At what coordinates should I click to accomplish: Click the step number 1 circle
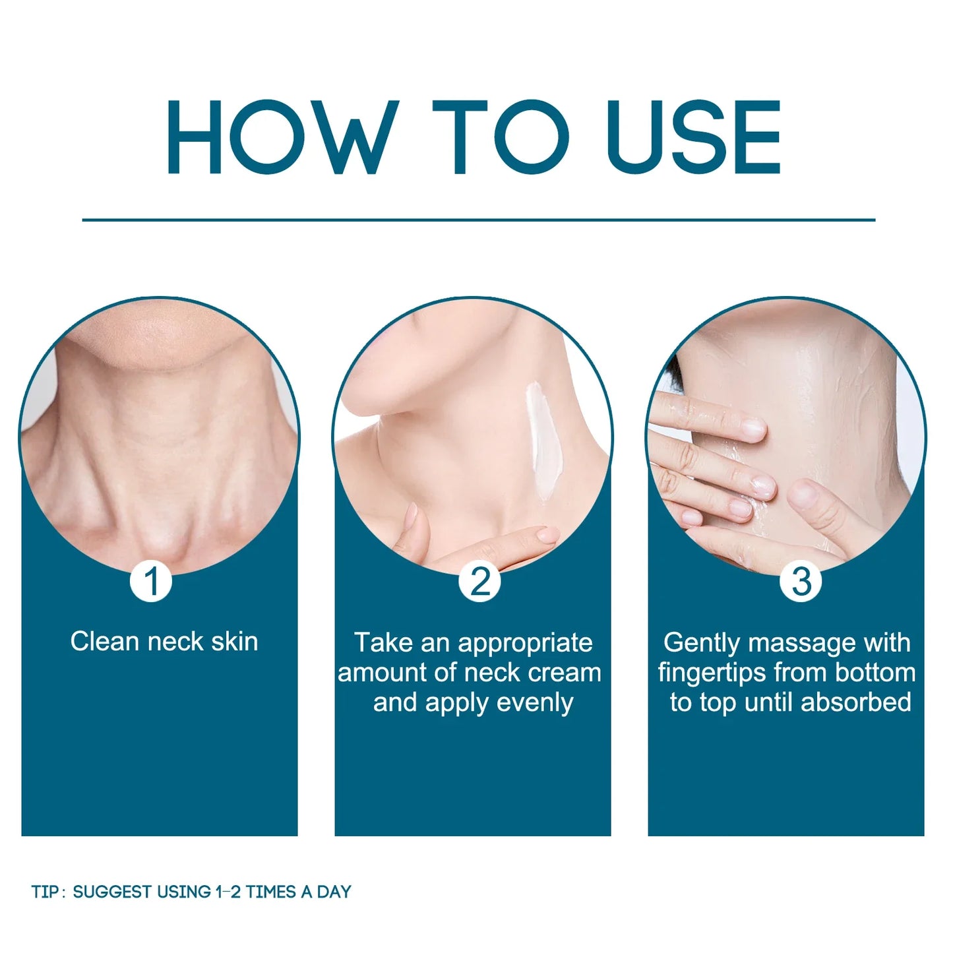click(151, 582)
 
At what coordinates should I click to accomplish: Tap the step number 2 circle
click(479, 582)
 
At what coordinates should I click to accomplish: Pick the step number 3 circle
click(801, 582)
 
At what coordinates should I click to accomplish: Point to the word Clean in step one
click(104, 642)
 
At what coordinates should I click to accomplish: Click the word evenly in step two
click(535, 702)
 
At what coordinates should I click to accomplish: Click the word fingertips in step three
click(712, 673)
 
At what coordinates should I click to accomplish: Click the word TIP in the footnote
click(44, 892)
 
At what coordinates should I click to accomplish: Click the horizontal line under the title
click(478, 220)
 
